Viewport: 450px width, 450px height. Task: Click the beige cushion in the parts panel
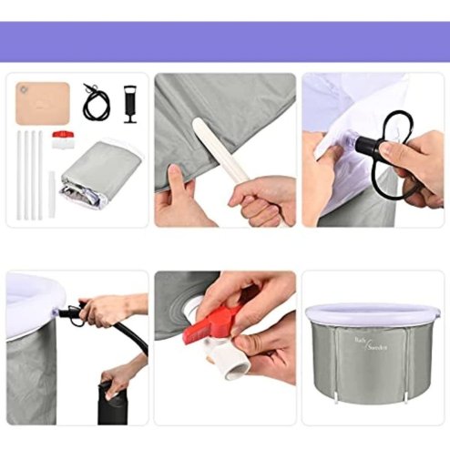43,103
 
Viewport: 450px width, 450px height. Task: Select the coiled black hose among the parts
96,102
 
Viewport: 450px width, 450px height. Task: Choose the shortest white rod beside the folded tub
52,193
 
